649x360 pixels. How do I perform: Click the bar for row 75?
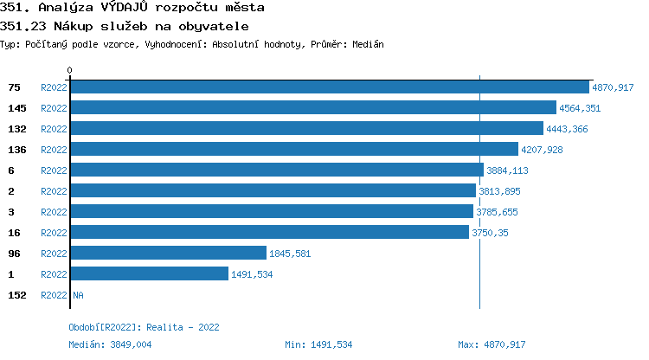tap(329, 87)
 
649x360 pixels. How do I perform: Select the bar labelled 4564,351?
tap(312, 108)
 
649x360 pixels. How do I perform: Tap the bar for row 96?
tap(168, 254)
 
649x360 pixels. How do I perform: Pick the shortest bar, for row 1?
tap(149, 274)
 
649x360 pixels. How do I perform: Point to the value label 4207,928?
tap(542, 150)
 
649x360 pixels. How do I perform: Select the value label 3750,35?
tap(490, 233)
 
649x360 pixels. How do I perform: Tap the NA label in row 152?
tap(78, 295)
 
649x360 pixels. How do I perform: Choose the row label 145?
tap(17, 108)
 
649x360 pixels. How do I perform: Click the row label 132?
tap(17, 129)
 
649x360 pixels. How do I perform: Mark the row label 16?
tap(14, 233)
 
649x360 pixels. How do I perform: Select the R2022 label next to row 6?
tap(54, 170)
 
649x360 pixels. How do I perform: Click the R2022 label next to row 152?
tap(54, 295)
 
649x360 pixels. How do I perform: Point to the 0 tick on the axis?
tap(70, 70)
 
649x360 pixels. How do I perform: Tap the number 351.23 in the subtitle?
tap(21, 26)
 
